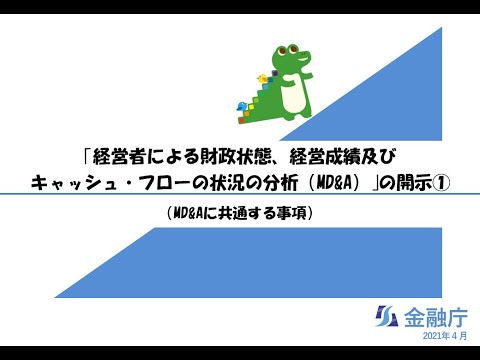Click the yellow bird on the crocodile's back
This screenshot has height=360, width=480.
pyautogui.click(x=263, y=77)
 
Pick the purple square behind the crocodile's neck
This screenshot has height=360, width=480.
pyautogui.click(x=274, y=73)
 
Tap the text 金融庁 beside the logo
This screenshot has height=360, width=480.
pyautogui.click(x=433, y=319)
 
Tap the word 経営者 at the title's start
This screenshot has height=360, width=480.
pyautogui.click(x=119, y=157)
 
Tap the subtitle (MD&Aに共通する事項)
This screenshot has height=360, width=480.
pyautogui.click(x=239, y=212)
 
